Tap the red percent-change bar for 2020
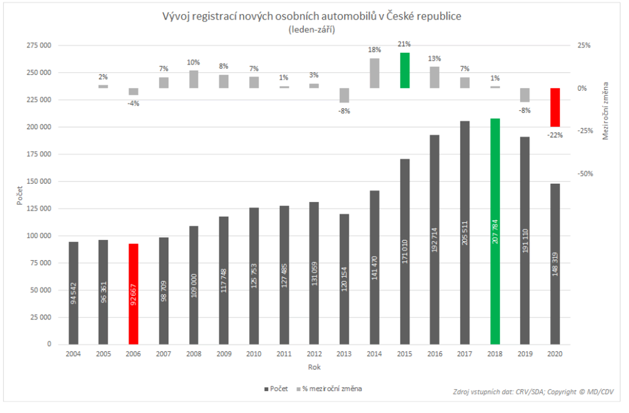[555, 107]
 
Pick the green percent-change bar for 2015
[405, 70]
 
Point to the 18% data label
[374, 50]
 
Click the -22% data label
[555, 135]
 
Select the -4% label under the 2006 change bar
[133, 104]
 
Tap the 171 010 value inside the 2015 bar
[405, 252]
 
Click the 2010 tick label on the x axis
[254, 354]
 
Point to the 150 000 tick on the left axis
[39, 181]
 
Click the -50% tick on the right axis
[585, 174]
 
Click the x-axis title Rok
[314, 367]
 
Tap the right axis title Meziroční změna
[605, 111]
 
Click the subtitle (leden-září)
[312, 30]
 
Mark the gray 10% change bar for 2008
[194, 79]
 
